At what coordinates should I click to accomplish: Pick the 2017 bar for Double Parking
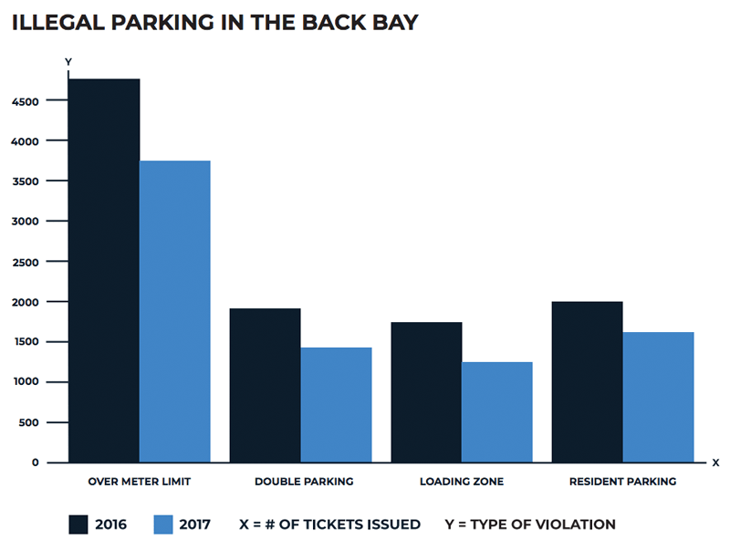[336, 405]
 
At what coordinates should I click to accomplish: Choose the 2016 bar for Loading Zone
[426, 392]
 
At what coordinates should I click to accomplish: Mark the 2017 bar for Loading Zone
[497, 412]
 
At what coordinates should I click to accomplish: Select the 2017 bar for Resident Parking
[658, 397]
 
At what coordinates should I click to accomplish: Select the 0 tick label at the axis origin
[36, 463]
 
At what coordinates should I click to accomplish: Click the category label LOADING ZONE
[461, 481]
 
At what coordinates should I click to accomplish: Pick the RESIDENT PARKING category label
[622, 481]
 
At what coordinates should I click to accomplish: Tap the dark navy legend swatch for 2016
[79, 524]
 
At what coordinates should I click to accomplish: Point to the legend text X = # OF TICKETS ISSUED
[329, 525]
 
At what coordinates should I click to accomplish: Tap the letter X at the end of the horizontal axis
[715, 463]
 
